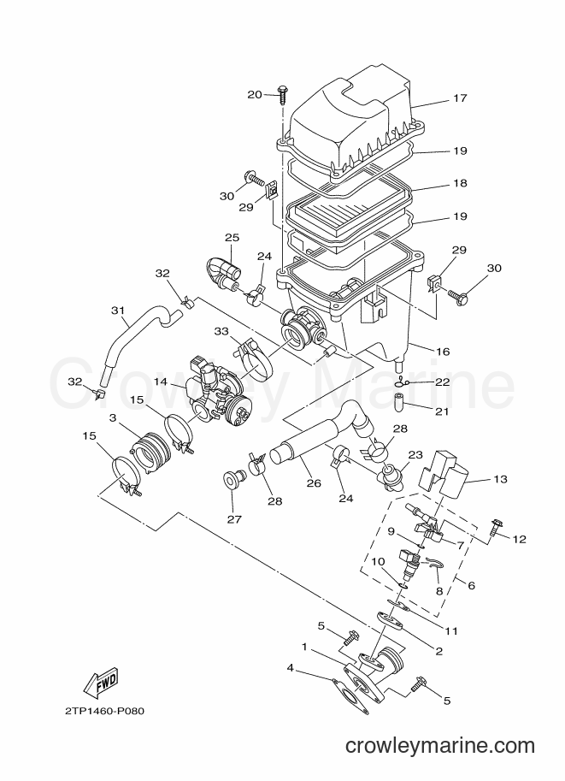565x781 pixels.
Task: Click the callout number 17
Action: point(461,98)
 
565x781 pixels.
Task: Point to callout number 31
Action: point(117,311)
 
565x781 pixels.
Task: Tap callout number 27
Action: point(234,519)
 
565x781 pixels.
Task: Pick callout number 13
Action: point(500,479)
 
